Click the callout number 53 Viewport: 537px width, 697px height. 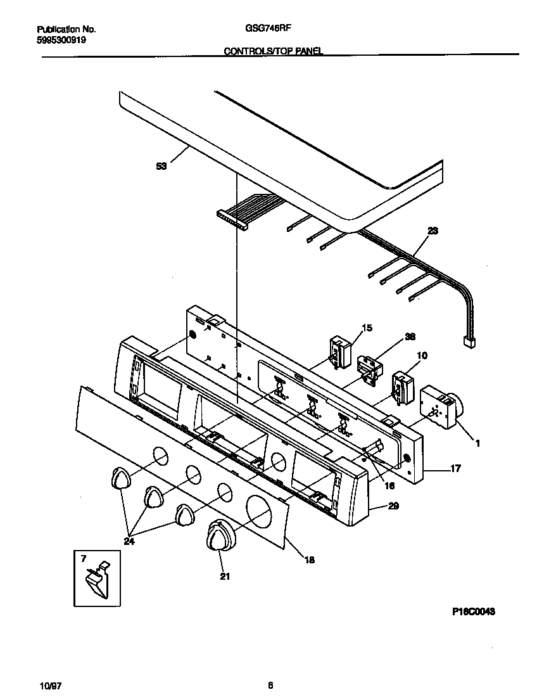point(161,166)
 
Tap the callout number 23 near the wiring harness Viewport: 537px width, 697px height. point(433,231)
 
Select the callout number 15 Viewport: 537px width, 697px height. point(367,328)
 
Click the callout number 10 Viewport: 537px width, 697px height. point(422,355)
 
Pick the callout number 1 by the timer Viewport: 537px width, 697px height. point(477,444)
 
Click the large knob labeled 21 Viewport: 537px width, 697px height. point(218,538)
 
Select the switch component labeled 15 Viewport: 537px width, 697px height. point(341,351)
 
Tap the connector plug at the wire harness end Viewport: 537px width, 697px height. point(469,342)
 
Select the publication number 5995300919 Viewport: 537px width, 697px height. point(61,39)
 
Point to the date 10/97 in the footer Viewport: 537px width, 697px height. point(50,685)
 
